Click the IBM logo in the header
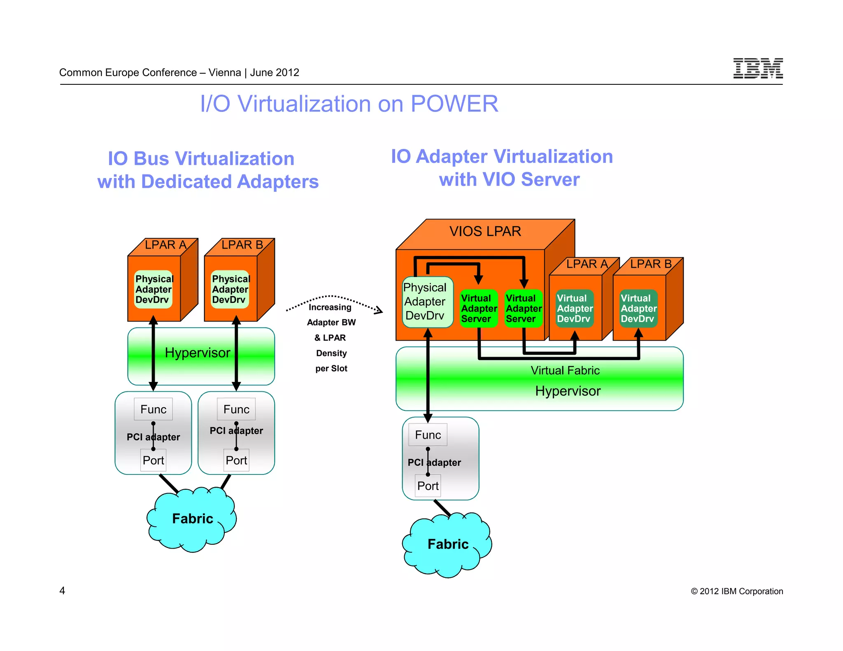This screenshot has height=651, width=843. pos(757,68)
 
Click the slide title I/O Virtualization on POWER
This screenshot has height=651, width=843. pos(349,104)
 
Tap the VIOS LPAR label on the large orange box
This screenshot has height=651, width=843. pos(485,231)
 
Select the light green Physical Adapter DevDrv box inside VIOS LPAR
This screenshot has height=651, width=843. pos(427,302)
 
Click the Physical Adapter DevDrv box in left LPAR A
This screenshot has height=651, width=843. pos(154,289)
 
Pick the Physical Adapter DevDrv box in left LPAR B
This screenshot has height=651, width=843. pos(230,289)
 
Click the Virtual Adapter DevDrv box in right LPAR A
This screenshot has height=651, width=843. pos(574,309)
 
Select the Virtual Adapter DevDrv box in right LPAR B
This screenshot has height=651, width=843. pos(638,309)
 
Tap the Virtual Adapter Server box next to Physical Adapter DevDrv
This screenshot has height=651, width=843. pos(478,309)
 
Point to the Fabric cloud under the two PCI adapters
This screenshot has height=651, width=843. pos(192,519)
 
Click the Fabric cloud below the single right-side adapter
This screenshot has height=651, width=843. pos(448,544)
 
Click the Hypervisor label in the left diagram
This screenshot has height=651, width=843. pos(198,353)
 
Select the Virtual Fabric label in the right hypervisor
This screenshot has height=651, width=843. pos(565,370)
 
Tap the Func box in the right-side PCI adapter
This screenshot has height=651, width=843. pos(428,435)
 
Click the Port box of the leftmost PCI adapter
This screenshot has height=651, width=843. pos(153,460)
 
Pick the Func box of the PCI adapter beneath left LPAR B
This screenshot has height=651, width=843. pos(236,409)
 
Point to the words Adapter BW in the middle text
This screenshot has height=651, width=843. pos(331,323)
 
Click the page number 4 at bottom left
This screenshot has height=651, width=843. pos(62,591)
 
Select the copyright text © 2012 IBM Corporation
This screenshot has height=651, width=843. pos(737,591)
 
